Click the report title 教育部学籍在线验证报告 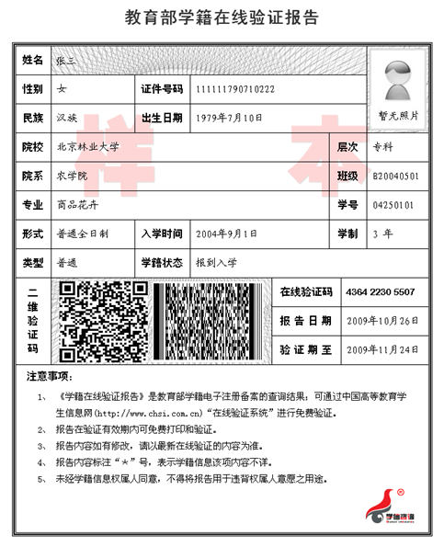click(222, 17)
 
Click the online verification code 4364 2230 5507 click(380, 291)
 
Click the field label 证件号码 click(162, 88)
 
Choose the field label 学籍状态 click(162, 262)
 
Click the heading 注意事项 click(49, 377)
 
